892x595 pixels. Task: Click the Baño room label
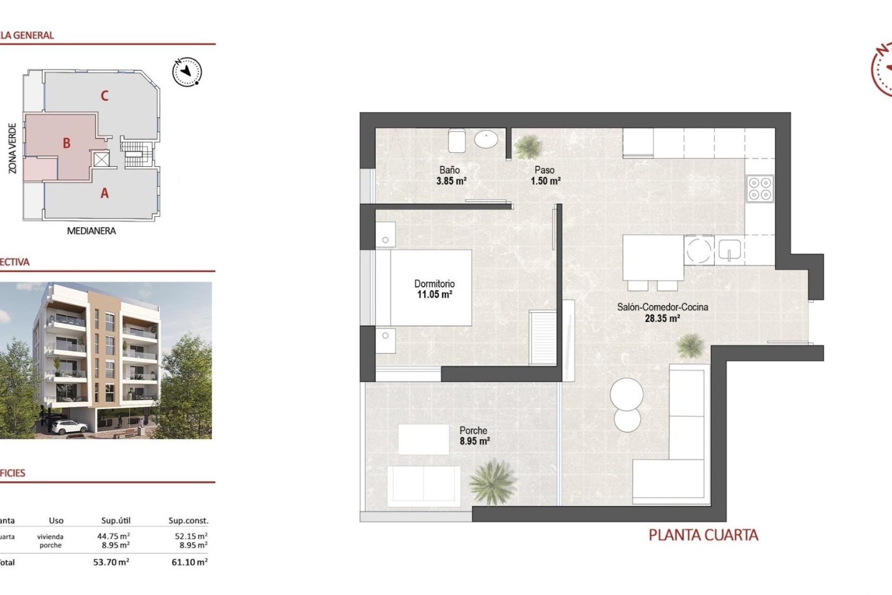449,170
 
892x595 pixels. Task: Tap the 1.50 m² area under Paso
545,181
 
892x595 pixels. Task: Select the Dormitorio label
434,284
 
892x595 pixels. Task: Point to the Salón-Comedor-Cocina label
662,307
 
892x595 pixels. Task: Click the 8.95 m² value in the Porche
474,441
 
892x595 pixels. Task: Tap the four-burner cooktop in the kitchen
760,189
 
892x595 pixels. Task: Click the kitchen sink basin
729,250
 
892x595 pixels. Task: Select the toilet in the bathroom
457,140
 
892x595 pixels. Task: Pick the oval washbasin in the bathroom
486,139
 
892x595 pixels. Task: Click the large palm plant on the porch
492,482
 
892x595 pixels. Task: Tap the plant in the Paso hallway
528,147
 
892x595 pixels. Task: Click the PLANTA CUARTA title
703,535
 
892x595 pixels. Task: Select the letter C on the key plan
105,96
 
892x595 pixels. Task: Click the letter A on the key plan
105,193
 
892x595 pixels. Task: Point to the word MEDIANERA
92,231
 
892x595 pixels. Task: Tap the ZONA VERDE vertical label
13,148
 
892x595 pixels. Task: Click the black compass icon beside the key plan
187,72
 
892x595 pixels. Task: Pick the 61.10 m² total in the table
190,562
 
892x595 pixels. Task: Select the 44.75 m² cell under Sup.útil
113,536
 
